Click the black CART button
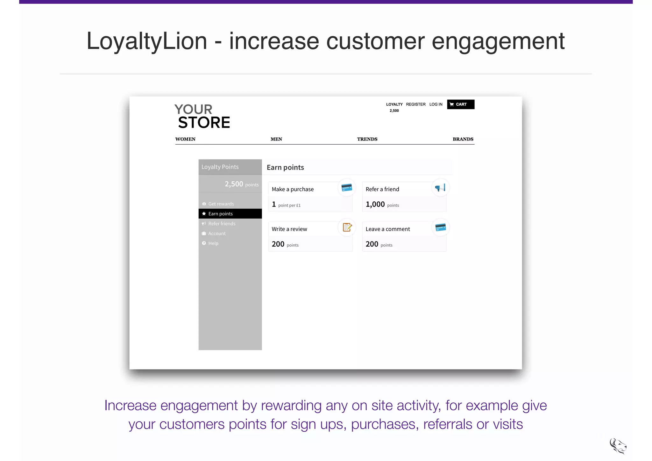460,104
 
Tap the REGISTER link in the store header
415,104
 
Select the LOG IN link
436,104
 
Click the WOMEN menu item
185,139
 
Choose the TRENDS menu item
367,139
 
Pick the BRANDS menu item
463,139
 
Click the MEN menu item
276,139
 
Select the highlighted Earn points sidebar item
230,213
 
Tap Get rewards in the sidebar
221,204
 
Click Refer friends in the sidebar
222,224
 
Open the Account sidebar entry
217,234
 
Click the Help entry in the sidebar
213,243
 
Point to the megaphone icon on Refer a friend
440,188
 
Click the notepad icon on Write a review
347,227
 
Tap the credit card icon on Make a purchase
346,188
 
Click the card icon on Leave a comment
440,227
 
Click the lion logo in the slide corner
618,446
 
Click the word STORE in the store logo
204,123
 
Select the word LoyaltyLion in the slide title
147,41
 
